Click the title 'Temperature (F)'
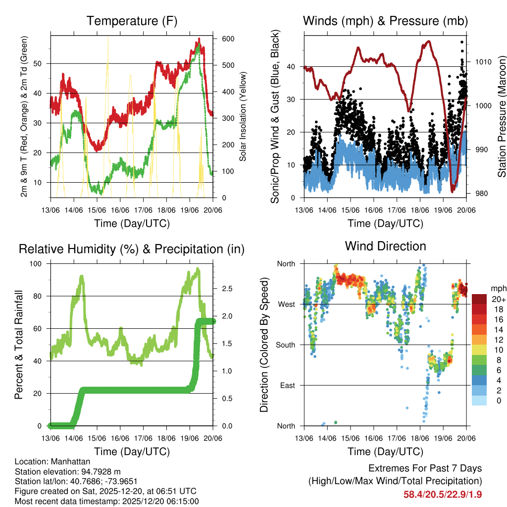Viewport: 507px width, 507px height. click(x=132, y=21)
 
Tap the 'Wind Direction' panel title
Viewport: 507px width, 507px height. click(x=385, y=246)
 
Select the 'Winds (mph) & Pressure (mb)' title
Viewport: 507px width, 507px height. click(x=385, y=21)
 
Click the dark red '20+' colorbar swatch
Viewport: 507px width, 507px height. click(x=479, y=299)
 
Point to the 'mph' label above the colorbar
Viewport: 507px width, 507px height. click(x=498, y=289)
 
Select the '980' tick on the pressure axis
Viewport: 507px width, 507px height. click(x=478, y=194)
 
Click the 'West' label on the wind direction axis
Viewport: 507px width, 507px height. click(x=286, y=304)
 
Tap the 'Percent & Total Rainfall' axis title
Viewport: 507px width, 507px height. click(x=19, y=345)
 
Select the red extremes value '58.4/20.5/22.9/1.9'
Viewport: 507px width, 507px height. click(x=443, y=494)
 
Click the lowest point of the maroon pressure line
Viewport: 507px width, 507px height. click(x=453, y=191)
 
